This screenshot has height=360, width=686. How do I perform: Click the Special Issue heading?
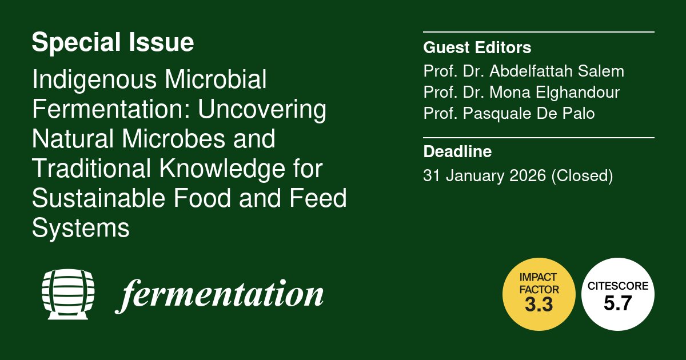point(113,43)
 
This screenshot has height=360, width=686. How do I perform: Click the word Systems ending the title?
point(81,229)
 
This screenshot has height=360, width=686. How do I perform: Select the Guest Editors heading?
point(477,47)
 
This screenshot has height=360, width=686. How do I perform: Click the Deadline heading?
point(457,153)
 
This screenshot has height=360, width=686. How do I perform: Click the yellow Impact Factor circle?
point(539,293)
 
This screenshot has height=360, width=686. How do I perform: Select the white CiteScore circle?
point(618,293)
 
